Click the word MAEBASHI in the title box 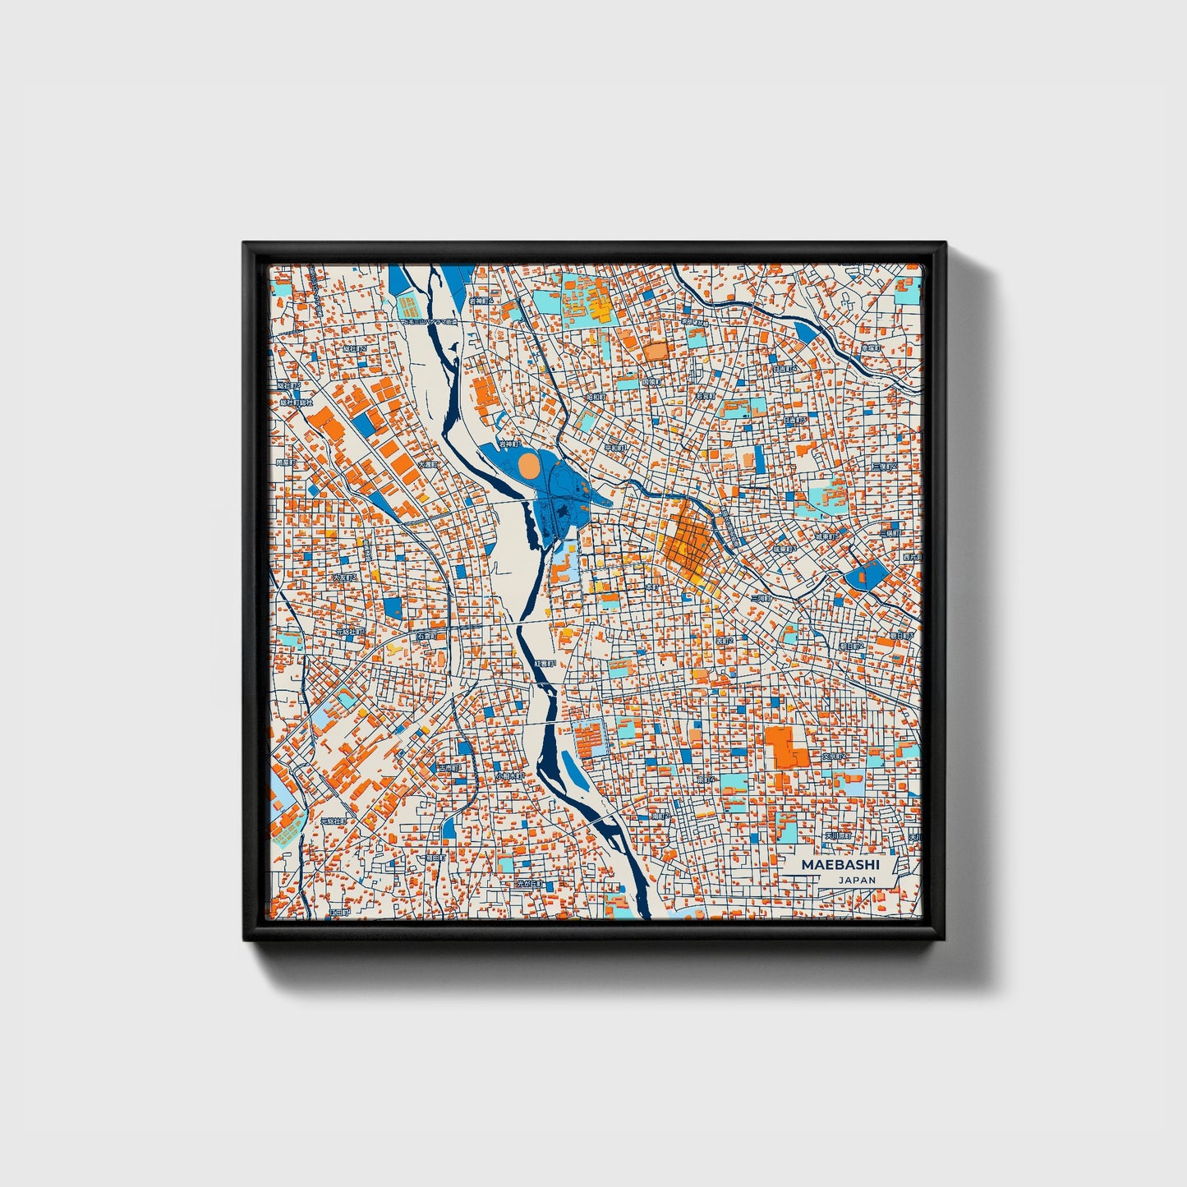[x=840, y=865]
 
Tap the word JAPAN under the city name [x=857, y=880]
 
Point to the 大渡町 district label [x=429, y=464]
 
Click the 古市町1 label [x=449, y=767]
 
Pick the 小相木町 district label [x=509, y=775]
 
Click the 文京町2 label [x=834, y=755]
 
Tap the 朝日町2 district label [x=851, y=646]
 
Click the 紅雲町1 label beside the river [x=546, y=663]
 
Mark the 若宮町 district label [x=705, y=395]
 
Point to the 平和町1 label [x=616, y=448]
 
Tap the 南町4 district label [x=706, y=779]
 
